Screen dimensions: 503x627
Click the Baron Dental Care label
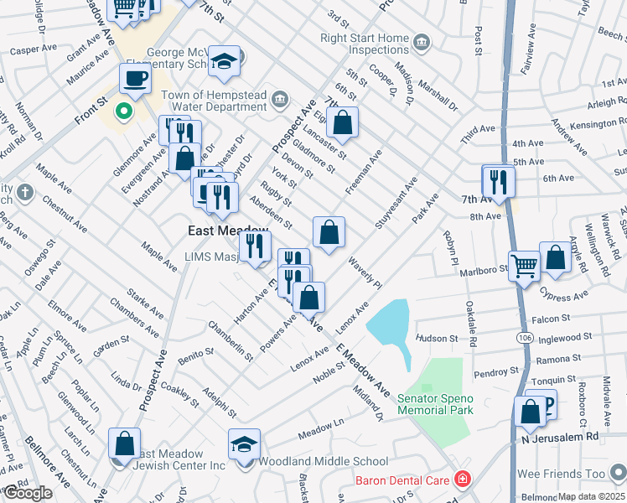403,480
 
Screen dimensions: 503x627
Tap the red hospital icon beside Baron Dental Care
461,480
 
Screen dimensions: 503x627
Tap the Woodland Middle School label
323,461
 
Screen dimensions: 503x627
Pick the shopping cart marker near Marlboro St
525,266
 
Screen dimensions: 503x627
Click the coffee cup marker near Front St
135,80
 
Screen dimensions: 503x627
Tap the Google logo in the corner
28,493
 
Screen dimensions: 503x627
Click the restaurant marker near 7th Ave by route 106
498,182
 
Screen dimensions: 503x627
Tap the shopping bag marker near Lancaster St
342,123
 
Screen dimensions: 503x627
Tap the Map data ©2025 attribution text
592,496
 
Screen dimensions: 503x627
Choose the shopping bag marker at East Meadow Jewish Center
124,444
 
